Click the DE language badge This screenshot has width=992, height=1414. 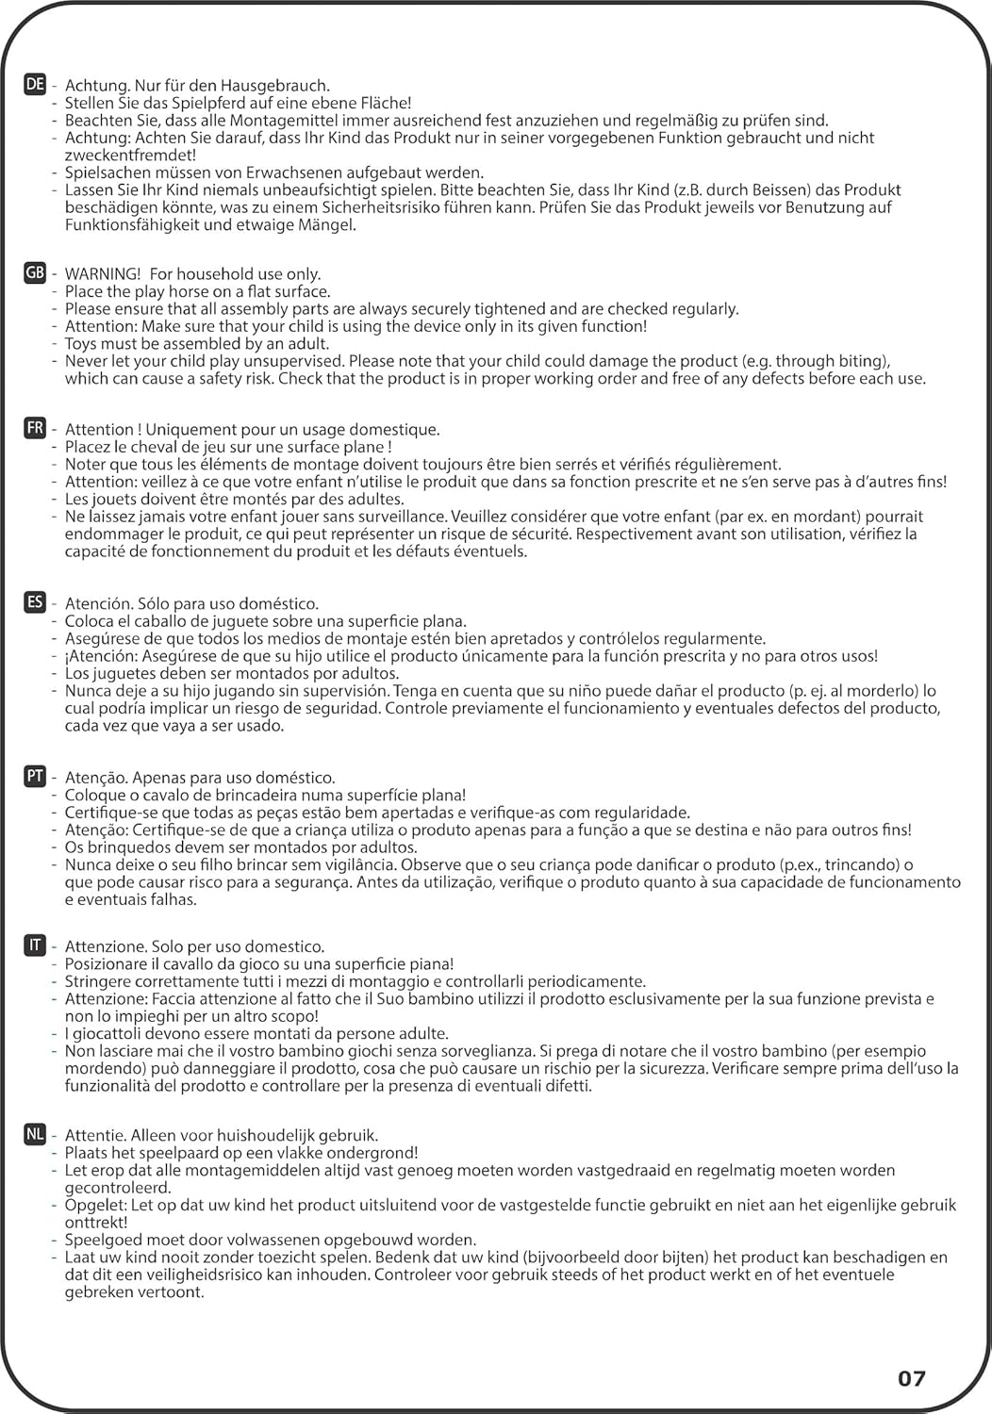pyautogui.click(x=35, y=85)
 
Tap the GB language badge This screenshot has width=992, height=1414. pyautogui.click(x=35, y=273)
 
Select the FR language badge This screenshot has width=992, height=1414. pyautogui.click(x=35, y=429)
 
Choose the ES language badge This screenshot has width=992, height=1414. pyautogui.click(x=35, y=602)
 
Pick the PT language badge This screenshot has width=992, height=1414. pyautogui.click(x=35, y=777)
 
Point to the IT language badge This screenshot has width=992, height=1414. pyautogui.click(x=35, y=945)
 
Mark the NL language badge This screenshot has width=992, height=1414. pyautogui.click(x=35, y=1135)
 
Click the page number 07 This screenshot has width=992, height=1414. pyautogui.click(x=911, y=1378)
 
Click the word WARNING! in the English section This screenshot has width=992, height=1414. pyautogui.click(x=103, y=274)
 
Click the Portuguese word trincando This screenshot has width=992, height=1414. pyautogui.click(x=851, y=864)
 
